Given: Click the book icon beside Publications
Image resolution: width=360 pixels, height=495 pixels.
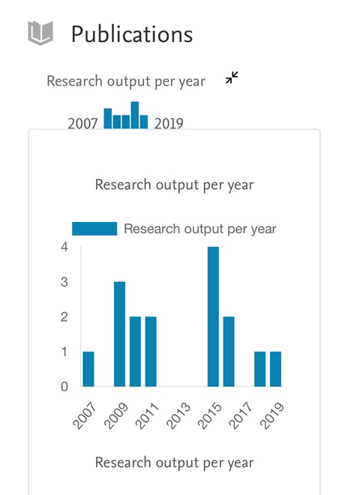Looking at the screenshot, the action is coord(40,33).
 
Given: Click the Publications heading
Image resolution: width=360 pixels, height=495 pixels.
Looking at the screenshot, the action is coord(132,34).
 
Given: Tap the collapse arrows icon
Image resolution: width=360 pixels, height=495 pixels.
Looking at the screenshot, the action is coord(232,78).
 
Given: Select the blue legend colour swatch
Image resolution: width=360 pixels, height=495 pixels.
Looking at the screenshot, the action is coord(94,229).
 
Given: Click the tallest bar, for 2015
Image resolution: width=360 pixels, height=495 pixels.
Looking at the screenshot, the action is coord(213,316).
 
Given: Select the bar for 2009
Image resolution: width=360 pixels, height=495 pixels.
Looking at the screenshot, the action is coord(120,334).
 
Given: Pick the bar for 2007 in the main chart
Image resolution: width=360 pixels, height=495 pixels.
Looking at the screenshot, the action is coord(88,369).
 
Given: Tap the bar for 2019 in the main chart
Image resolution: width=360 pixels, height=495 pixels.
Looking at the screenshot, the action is coord(276,369).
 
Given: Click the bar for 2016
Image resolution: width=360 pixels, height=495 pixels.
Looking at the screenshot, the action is coord(229,351).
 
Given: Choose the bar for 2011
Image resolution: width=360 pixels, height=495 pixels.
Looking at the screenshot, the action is coord(151,351).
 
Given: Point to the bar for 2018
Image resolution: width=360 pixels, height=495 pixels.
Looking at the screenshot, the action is coord(260,369).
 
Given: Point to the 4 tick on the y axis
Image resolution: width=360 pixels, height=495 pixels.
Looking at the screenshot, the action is coord(64,247).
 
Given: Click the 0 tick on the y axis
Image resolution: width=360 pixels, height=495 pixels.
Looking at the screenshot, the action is coord(64,386).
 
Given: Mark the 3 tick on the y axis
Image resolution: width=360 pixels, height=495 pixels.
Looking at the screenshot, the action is coord(64,282).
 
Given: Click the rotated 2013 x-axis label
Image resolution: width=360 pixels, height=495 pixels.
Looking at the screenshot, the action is coord(178,415).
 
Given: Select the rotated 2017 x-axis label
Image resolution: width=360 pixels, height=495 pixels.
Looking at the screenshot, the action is coord(241,415).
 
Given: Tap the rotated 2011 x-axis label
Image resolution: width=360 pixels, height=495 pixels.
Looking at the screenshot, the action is coord(147,415).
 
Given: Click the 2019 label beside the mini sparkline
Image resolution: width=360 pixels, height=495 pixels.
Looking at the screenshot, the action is coord(169,123).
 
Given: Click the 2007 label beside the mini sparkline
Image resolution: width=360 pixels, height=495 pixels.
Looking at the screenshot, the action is coord(82,123).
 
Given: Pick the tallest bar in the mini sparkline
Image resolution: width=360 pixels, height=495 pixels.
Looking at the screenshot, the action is coord(135,115).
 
